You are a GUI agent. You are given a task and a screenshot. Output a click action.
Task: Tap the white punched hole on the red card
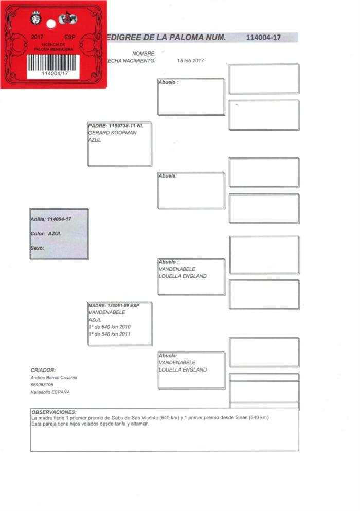[x=50, y=24]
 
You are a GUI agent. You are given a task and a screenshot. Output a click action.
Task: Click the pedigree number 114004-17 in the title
[x=263, y=38]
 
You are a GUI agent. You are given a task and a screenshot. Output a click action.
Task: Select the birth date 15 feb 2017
[x=190, y=60]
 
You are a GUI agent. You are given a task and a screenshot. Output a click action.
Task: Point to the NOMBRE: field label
[x=143, y=54]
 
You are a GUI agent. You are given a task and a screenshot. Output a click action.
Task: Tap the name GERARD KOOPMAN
[x=111, y=133]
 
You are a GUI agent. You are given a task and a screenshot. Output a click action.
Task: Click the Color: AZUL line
[x=46, y=233]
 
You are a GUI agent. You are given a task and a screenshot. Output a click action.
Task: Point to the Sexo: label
[x=38, y=248]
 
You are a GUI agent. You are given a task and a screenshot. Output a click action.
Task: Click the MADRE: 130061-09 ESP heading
[x=114, y=305]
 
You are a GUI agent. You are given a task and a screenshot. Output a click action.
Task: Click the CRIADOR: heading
[x=43, y=370]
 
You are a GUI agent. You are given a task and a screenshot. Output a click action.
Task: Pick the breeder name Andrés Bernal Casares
[x=54, y=378]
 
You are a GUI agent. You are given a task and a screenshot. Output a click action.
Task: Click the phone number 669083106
[x=42, y=385]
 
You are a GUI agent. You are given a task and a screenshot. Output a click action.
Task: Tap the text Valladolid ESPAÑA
[x=50, y=392]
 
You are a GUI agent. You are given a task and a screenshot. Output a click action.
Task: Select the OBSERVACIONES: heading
[x=54, y=412]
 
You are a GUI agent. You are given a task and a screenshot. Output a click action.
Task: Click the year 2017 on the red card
[x=38, y=37]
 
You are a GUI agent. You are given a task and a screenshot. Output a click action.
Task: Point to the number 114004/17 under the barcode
[x=53, y=73]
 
